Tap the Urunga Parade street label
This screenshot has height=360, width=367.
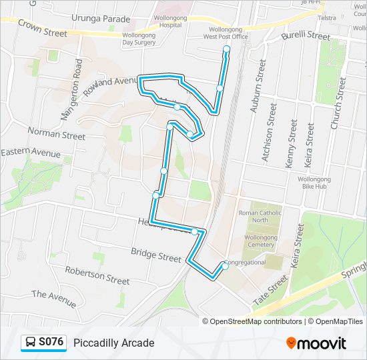click(101, 19)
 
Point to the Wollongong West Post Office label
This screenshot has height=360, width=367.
click(226, 33)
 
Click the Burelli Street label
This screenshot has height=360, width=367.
click(306, 35)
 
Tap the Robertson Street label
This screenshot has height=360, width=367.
click(97, 275)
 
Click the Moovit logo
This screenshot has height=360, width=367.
click(316, 343)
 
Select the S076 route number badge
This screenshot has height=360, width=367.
click(44, 343)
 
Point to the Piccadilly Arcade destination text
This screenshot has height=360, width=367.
click(113, 343)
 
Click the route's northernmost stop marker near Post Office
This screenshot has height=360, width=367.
click(226, 49)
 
